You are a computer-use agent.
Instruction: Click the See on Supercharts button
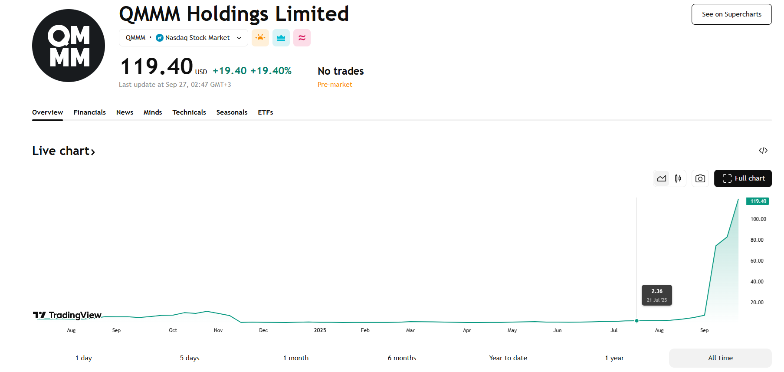tap(732, 14)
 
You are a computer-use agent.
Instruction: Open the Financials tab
tap(89, 112)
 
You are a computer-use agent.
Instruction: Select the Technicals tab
tap(189, 112)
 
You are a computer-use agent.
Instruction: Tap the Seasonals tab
tap(232, 112)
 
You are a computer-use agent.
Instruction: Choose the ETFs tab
tap(266, 112)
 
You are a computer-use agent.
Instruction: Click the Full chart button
tap(743, 178)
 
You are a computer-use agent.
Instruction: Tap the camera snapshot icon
tap(700, 178)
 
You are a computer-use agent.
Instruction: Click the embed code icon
tap(763, 151)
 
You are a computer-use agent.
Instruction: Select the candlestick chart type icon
tap(678, 178)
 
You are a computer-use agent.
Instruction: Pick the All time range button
tap(720, 358)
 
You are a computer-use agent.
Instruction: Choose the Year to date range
tap(508, 358)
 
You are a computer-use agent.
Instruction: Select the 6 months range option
tap(402, 358)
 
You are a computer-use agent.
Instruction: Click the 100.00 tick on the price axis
tap(758, 219)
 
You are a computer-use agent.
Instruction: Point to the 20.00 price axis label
tap(757, 303)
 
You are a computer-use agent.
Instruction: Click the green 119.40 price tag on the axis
tap(758, 201)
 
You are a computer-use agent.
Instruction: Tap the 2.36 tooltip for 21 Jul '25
tap(657, 295)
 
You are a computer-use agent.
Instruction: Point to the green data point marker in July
tap(636, 321)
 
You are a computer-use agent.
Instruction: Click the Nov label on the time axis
tap(218, 330)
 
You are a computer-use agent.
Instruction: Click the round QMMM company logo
tap(69, 46)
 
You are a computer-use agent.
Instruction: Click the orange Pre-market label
tap(335, 85)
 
